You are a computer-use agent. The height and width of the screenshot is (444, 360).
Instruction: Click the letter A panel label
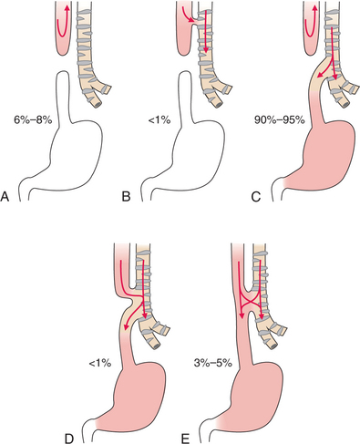tap(7, 196)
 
